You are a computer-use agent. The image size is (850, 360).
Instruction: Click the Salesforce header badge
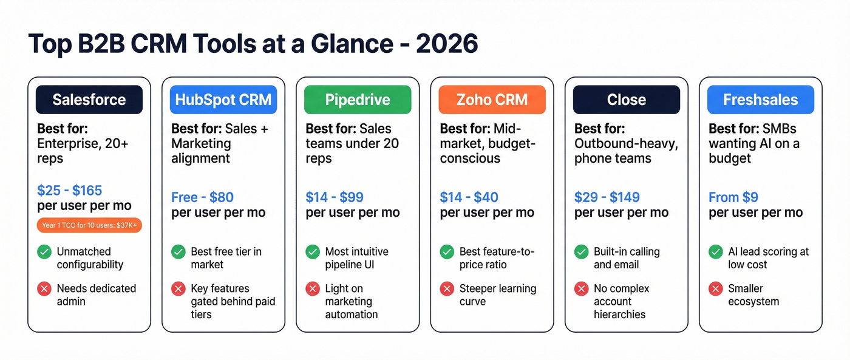tap(89, 100)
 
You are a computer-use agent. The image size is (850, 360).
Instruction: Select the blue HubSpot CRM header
tap(223, 100)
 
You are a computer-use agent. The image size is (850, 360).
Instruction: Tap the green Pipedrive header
tap(358, 100)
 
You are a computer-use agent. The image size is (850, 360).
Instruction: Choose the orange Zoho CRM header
tap(492, 100)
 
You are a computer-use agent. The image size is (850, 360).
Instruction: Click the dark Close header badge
tap(627, 100)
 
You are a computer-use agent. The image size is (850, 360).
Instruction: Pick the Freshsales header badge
tap(760, 100)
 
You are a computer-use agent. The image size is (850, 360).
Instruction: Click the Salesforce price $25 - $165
tap(70, 190)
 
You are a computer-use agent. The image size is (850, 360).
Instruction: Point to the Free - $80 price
tap(202, 197)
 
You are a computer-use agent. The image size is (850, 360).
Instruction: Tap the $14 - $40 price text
tap(469, 197)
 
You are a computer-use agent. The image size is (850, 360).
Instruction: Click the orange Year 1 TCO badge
tap(89, 225)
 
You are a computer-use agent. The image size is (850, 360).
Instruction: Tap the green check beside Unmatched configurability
tap(44, 251)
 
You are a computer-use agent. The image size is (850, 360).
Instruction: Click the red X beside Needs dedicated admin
tap(44, 288)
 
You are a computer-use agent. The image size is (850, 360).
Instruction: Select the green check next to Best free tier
tap(178, 251)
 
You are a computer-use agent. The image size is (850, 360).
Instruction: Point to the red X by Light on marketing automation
tap(313, 288)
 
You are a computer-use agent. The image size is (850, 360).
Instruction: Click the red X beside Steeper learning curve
tap(447, 288)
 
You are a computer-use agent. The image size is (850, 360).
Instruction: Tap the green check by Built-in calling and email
tap(581, 251)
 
